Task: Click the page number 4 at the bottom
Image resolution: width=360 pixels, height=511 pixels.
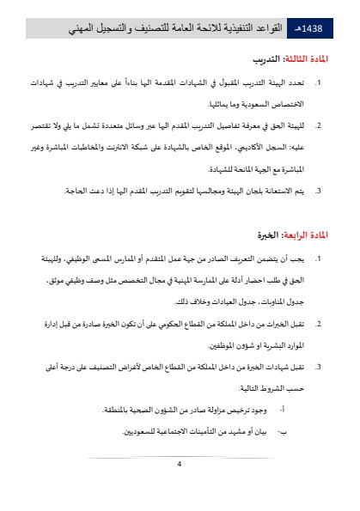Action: (x=180, y=465)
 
